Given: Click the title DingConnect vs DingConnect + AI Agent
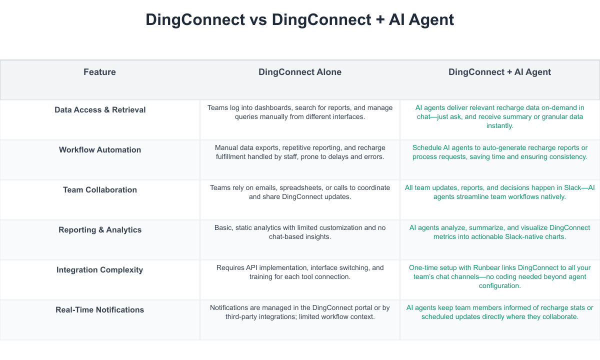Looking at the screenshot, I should tap(299, 19).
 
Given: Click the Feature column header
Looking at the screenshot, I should tap(99, 72).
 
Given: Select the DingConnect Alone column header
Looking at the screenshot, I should tap(299, 72).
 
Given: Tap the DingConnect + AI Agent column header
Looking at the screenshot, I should tap(499, 72).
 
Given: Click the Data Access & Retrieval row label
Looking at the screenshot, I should tap(100, 109).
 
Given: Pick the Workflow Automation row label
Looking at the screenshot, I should tap(100, 149).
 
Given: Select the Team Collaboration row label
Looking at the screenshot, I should tap(100, 189).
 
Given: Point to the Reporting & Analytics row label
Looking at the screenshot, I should tap(100, 229).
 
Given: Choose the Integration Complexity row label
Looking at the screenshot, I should tap(100, 269).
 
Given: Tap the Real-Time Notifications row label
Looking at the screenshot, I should tap(100, 309).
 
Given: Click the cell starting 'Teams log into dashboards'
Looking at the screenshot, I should tap(300, 112).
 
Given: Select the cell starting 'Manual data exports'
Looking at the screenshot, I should tap(300, 152).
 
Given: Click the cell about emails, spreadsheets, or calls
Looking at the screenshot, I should tap(300, 192).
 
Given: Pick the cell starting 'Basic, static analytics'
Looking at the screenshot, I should tap(300, 232).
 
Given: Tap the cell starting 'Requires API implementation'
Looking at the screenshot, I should tap(300, 272).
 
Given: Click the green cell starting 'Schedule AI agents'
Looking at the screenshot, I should tap(499, 152).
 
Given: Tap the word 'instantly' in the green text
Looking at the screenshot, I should tap(499, 126).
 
